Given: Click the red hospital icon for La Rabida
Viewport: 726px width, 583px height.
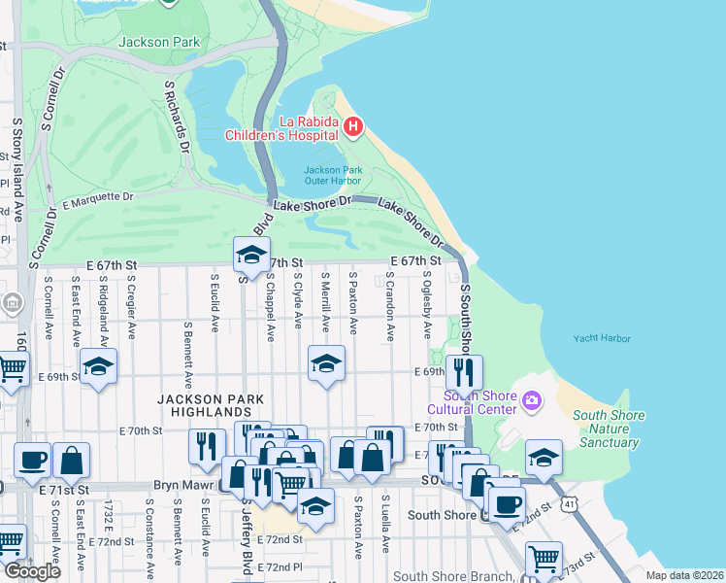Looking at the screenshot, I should click(354, 126).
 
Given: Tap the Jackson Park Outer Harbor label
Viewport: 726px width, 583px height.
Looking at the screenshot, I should click(332, 176).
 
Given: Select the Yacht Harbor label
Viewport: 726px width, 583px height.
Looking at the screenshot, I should click(601, 339).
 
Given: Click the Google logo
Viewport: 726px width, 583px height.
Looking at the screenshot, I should click(32, 571).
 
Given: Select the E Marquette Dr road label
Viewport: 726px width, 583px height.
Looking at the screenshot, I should click(97, 200).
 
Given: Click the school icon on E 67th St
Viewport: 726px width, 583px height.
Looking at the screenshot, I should click(250, 256).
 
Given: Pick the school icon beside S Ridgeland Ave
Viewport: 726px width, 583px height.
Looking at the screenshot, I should click(98, 367).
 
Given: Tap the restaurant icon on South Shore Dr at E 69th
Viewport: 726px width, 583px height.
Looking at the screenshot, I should click(464, 371).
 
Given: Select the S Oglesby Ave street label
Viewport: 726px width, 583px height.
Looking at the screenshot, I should click(426, 304).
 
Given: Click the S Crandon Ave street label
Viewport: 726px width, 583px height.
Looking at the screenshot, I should click(389, 304).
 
